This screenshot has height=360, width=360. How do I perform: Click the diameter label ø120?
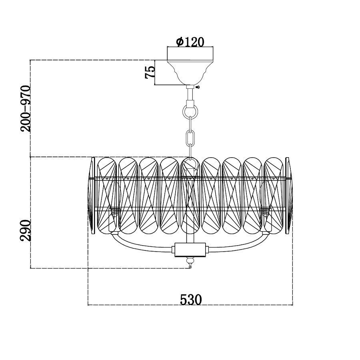pos(190,42)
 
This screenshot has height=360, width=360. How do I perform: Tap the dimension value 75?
pos(150,72)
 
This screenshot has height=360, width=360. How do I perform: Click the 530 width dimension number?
pos(190,299)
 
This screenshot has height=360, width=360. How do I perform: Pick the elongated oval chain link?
pos(190,137)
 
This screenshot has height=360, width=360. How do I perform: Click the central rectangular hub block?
pos(190,250)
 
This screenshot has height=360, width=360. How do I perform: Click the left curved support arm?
pos(140,244)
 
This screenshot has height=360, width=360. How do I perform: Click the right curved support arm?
pos(240,244)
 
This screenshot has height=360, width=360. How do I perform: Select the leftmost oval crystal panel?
pos(107,196)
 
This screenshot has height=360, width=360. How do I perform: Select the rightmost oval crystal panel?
pos(274,196)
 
